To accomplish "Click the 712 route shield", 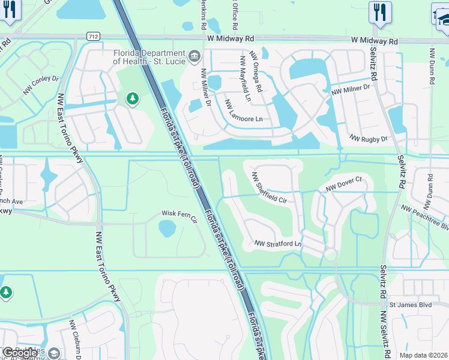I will coord(92,36).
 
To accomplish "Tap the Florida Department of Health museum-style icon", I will coord(194,56).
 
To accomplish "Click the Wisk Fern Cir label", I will coord(179,214).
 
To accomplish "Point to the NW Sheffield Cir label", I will coord(274,187).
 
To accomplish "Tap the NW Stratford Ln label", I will coord(277,244).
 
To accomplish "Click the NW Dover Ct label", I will coord(345,184).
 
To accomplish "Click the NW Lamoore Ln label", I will coord(244,111).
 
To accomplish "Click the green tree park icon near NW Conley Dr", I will coord(132,98).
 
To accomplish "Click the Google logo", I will coord(20,353).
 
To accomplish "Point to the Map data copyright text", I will coord(424,355).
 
